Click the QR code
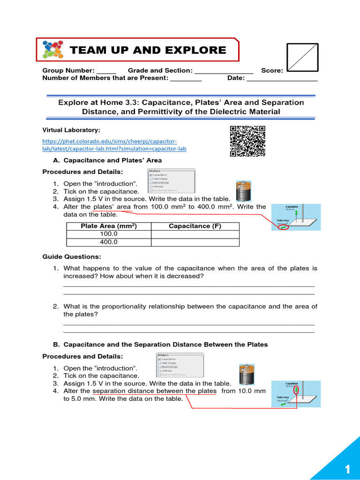pos(247,141)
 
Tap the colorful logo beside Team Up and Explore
pos(52,50)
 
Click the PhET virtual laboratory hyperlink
pos(114,145)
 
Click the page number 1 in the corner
pos(347,469)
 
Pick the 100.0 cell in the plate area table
pos(109,234)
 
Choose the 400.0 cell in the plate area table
pos(109,242)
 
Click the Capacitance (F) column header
pos(195,226)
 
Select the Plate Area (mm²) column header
pos(109,226)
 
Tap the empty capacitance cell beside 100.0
pos(195,234)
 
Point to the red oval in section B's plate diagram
pos(295,390)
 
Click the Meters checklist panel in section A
pos(168,181)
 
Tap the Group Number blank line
pos(106,71)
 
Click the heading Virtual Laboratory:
pos(71,130)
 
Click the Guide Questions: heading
pos(71,257)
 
